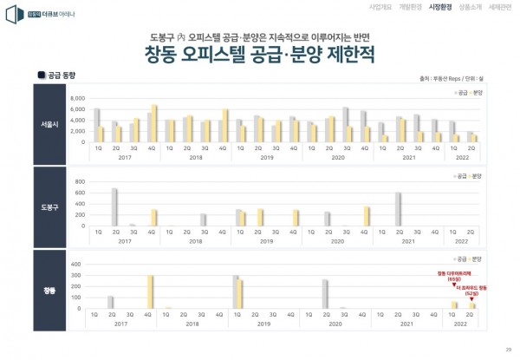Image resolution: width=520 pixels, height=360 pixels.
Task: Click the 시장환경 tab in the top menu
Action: pyautogui.click(x=440, y=7)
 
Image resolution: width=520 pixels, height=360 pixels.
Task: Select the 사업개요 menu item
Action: pyautogui.click(x=380, y=7)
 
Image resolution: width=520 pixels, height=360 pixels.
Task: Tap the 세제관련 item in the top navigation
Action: pyautogui.click(x=501, y=7)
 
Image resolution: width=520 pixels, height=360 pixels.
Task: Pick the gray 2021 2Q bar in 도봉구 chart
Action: pyautogui.click(x=398, y=209)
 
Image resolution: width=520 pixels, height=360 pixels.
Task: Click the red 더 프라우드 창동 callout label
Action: pyautogui.click(x=471, y=287)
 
